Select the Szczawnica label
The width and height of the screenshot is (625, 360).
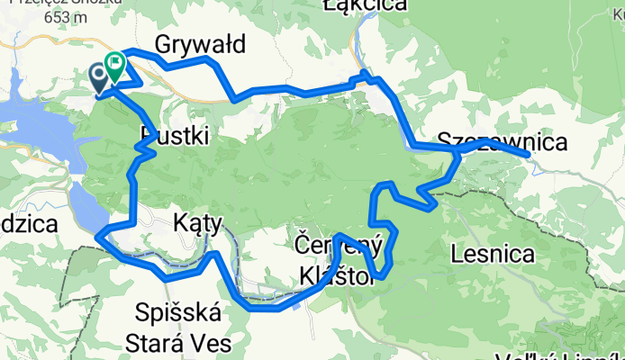503,141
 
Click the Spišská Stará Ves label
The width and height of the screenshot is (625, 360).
183,328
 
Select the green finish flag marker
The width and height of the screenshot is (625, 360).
115,65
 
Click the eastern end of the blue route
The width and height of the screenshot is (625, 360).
527,155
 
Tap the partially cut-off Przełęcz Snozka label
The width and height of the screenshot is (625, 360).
54,3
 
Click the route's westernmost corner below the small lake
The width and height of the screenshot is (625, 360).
96,236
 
